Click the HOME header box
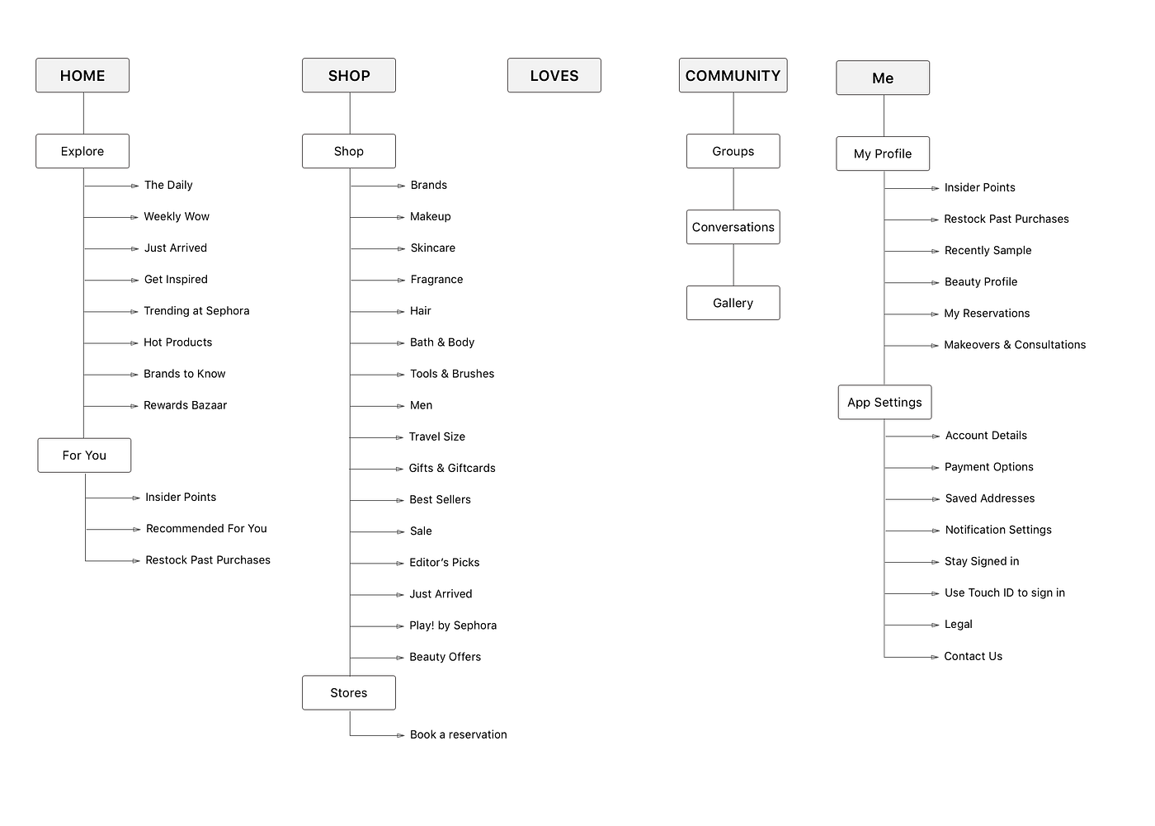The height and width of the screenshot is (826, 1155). [x=82, y=75]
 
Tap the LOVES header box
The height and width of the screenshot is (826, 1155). [x=554, y=75]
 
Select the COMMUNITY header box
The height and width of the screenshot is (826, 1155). [x=733, y=75]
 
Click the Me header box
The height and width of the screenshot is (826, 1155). [x=883, y=78]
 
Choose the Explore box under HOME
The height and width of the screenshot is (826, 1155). [x=82, y=151]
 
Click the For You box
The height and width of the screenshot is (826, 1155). [x=84, y=455]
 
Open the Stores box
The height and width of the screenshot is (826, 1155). [x=348, y=692]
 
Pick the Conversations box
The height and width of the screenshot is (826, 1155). [x=733, y=227]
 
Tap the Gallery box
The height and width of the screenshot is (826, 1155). [x=733, y=303]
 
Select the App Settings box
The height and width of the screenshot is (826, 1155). [x=884, y=402]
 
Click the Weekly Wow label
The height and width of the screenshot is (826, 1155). [x=177, y=216]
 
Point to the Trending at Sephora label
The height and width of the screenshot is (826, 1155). [x=196, y=311]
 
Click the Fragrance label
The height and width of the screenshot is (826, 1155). [x=436, y=280]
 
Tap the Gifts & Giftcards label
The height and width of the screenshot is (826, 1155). [x=452, y=468]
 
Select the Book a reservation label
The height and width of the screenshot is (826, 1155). [x=459, y=734]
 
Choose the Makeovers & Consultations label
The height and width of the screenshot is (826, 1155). [x=1015, y=345]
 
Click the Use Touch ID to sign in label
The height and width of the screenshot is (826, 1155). [x=1005, y=593]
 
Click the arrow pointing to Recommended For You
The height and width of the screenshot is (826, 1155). [x=113, y=530]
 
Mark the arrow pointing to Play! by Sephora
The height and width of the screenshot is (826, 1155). [x=377, y=626]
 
